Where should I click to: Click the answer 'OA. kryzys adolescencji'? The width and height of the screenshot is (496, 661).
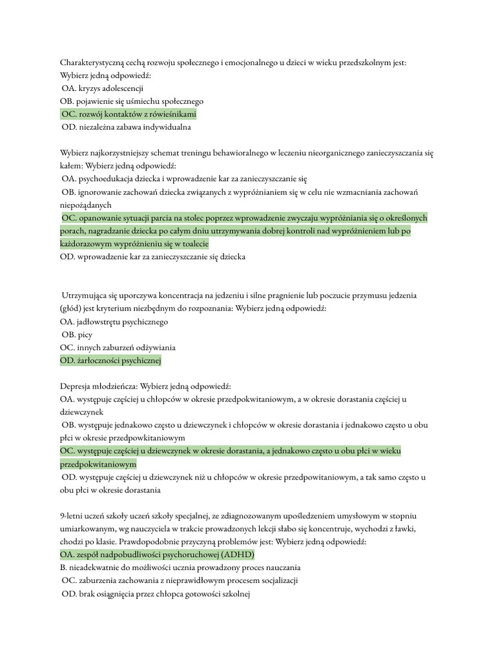(x=103, y=88)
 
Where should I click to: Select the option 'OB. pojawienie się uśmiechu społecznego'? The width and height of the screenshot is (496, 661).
(x=132, y=101)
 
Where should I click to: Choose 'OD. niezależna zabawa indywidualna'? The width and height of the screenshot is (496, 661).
(x=126, y=127)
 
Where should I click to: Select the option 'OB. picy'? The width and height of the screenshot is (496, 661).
(x=77, y=334)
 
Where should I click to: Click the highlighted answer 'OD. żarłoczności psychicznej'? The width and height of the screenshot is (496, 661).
(x=110, y=361)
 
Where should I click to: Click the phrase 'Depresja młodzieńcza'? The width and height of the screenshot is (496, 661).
(x=98, y=387)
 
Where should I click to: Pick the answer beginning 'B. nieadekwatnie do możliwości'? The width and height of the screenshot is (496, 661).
(x=180, y=568)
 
